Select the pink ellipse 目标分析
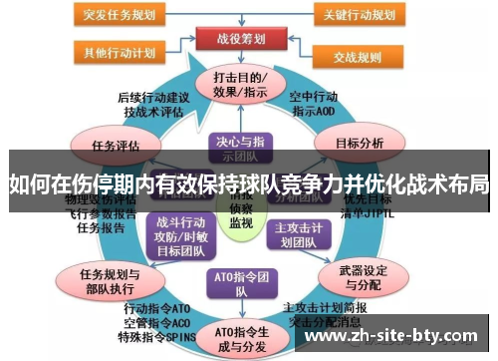tap(359, 143)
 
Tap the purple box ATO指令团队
tap(240, 283)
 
